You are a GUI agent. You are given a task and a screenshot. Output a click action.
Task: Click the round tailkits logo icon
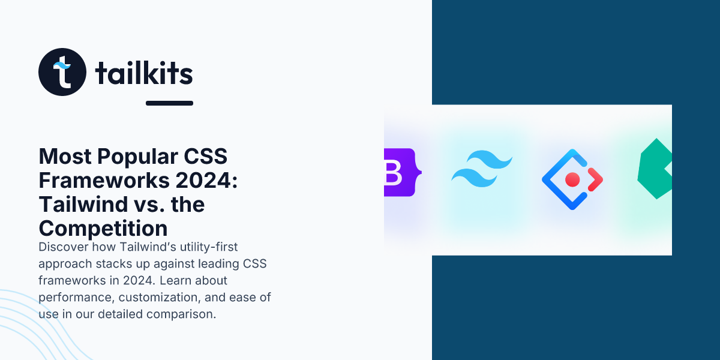coord(62,71)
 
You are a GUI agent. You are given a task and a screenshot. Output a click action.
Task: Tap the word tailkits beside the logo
coord(144,74)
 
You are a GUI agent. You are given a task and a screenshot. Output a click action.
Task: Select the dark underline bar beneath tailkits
coord(169,103)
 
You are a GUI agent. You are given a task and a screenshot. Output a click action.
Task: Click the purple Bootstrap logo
coord(400,172)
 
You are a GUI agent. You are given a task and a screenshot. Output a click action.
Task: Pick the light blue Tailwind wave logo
coord(482,169)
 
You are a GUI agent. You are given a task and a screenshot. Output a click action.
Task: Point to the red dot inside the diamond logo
coord(572,179)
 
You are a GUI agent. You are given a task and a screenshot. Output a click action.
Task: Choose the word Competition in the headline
coord(103,229)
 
